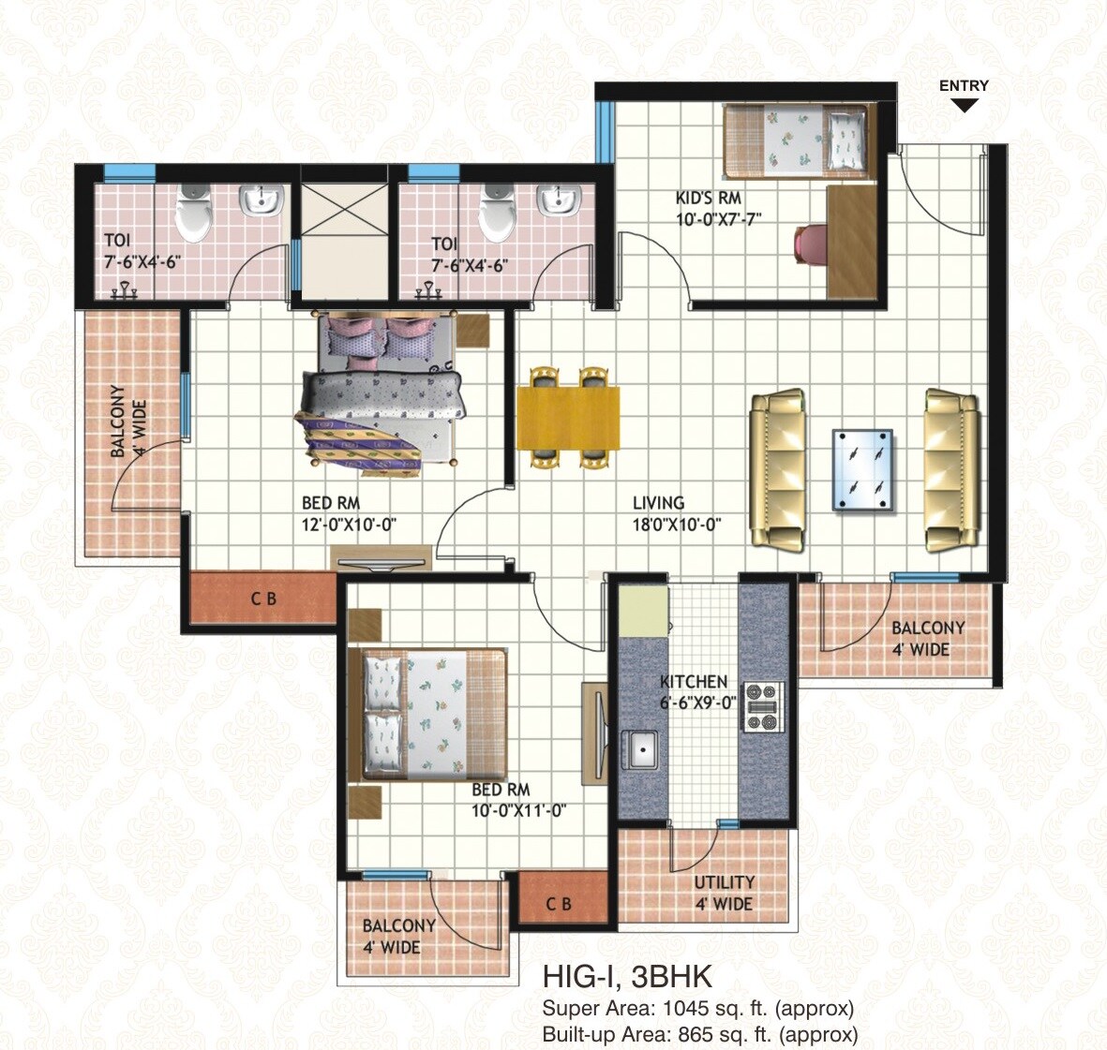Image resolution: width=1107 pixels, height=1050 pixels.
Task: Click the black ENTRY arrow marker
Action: [965, 105]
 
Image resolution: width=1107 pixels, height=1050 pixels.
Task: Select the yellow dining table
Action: [568, 418]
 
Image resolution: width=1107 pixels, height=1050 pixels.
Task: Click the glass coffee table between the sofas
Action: [862, 470]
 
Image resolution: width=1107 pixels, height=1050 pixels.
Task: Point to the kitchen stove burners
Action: [762, 707]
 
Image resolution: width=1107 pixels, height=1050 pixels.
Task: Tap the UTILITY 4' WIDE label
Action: [724, 894]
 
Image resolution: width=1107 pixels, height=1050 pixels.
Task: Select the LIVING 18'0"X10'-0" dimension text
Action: [675, 514]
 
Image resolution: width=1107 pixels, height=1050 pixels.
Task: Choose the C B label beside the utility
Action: [559, 904]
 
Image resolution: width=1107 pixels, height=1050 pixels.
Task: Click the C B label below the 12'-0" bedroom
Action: [263, 599]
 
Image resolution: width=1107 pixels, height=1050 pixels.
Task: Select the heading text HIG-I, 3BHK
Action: [627, 977]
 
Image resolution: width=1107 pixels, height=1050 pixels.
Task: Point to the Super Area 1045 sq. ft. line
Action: [698, 1009]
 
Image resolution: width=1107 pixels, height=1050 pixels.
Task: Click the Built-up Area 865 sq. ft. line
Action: [700, 1034]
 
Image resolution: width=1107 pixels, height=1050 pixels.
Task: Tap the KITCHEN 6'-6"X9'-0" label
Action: [696, 692]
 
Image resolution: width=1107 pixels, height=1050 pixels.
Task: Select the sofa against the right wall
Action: [950, 470]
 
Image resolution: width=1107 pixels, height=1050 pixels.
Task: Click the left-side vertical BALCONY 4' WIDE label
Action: [128, 421]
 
